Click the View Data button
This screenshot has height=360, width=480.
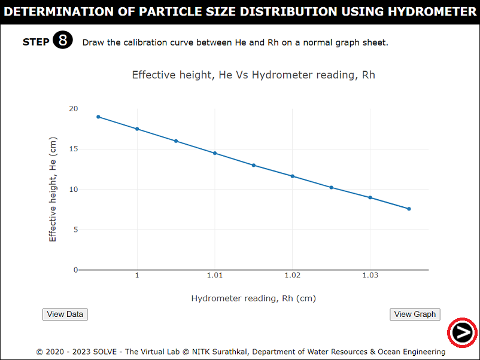(65, 314)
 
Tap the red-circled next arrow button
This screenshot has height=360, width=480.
(462, 331)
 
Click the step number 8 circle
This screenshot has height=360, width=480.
(63, 41)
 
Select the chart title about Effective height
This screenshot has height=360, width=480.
(253, 75)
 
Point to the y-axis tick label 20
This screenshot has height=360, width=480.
(73, 109)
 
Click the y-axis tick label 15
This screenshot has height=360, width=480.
(73, 149)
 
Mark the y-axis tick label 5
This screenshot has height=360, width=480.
(75, 230)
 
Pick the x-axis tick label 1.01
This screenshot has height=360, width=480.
(215, 275)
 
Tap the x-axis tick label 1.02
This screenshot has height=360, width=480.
(292, 275)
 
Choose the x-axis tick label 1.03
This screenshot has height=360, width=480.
(370, 275)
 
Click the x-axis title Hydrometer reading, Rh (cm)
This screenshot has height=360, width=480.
(253, 298)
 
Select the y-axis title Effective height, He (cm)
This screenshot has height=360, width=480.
(53, 188)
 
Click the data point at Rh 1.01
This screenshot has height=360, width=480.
(215, 153)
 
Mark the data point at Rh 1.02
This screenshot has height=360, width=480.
(293, 176)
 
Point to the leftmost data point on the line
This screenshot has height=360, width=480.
(98, 117)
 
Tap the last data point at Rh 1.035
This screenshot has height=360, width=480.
(409, 209)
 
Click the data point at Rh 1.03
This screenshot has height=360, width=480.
(370, 197)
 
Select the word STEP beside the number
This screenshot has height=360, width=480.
(36, 42)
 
